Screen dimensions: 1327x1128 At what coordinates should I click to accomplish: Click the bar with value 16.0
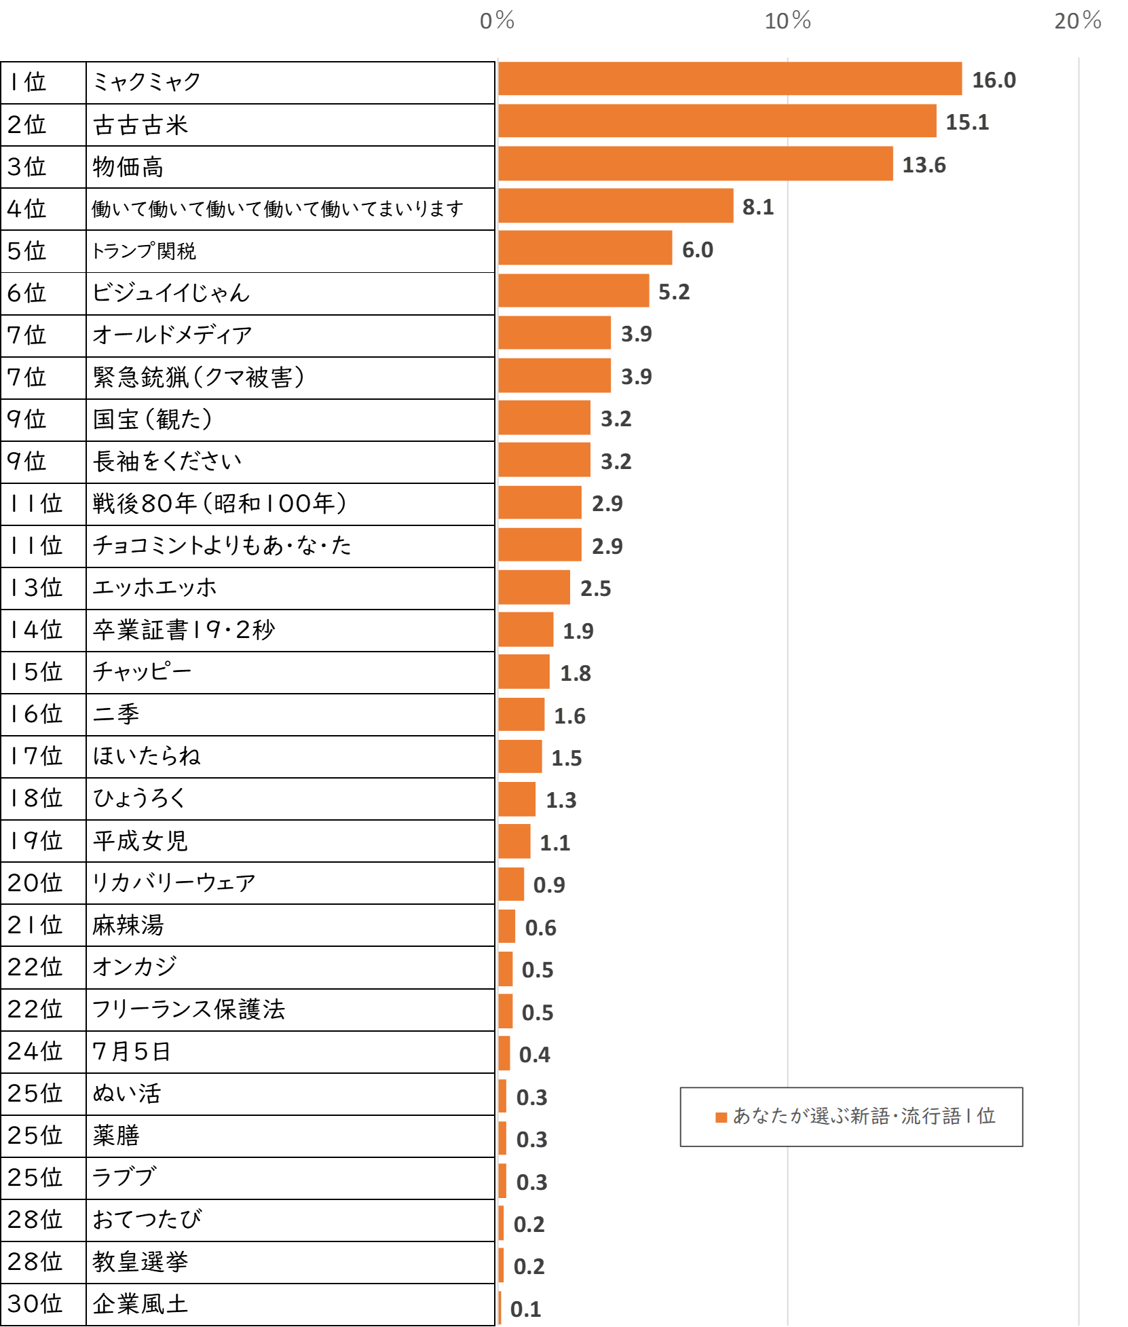[x=730, y=79]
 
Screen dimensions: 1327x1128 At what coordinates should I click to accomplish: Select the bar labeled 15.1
[x=717, y=121]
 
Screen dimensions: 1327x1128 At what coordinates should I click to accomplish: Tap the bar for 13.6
[x=696, y=164]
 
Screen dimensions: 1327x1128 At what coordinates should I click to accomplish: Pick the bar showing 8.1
[x=616, y=206]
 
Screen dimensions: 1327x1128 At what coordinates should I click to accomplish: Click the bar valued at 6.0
[x=586, y=248]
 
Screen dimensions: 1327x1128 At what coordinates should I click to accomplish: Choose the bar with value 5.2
[x=574, y=291]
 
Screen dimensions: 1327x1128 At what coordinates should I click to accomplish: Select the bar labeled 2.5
[x=535, y=587]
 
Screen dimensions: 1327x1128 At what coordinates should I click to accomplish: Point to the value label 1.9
[x=579, y=631]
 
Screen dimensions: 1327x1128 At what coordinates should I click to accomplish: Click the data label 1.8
[x=576, y=673]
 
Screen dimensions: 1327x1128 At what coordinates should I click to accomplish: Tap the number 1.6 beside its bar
[x=570, y=715]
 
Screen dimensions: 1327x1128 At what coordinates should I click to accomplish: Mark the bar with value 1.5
[x=521, y=757]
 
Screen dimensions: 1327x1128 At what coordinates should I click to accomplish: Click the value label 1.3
[x=561, y=800]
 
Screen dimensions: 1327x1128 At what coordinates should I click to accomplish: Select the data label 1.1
[x=555, y=842]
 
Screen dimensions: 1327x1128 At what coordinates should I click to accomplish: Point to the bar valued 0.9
[x=512, y=884]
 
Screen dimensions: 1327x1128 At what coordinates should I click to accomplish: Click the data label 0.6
[x=541, y=927]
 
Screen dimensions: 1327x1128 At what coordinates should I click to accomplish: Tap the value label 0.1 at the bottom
[x=526, y=1309]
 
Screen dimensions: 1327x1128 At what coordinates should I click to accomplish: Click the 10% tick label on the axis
[x=788, y=21]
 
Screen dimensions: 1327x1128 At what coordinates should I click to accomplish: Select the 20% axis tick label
[x=1078, y=21]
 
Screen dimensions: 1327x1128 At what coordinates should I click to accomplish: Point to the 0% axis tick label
[x=497, y=21]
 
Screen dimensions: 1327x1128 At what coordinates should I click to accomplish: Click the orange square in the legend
[x=721, y=1117]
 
